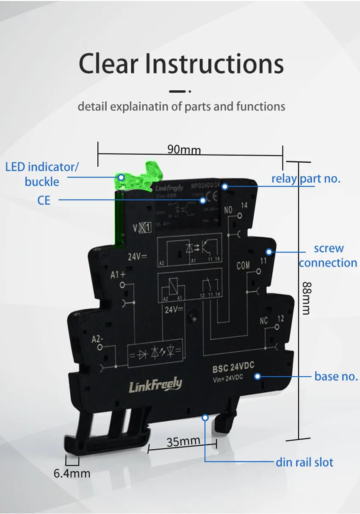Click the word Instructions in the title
(214, 64)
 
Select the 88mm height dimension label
(305, 298)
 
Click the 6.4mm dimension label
(72, 473)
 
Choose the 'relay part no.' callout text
(306, 178)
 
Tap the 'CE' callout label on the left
(44, 200)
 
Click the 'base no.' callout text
(336, 376)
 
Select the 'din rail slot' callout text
(305, 462)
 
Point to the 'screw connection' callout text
(328, 256)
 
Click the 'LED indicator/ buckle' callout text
(42, 174)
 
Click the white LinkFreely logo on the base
(155, 385)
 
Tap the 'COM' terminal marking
(243, 266)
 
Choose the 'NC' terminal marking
(264, 321)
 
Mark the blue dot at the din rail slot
(205, 417)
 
